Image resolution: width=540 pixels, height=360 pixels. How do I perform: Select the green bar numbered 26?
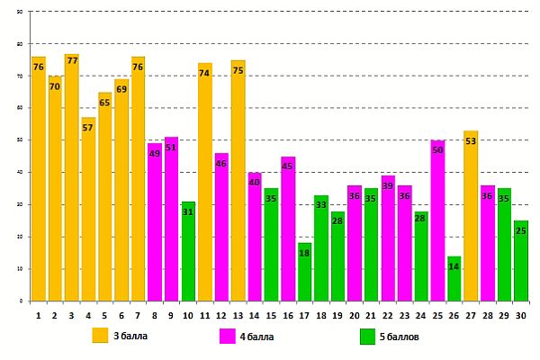[454, 283]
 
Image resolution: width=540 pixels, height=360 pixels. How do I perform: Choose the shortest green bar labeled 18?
[304, 274]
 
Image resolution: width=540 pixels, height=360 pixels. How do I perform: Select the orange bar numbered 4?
[88, 216]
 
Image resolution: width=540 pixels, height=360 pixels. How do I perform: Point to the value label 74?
[204, 73]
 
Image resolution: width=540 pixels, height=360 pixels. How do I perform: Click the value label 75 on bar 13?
[238, 70]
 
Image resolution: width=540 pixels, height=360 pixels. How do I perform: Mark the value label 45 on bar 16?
[288, 166]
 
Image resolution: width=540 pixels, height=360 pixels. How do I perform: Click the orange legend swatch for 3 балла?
[100, 336]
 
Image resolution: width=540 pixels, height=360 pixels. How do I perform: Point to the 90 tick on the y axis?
[20, 12]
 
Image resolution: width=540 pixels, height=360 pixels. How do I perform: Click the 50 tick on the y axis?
[20, 140]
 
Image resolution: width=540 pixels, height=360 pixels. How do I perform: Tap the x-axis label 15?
[271, 315]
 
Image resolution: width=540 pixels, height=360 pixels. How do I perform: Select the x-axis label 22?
[387, 315]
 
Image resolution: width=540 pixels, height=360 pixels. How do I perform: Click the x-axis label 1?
[39, 315]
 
